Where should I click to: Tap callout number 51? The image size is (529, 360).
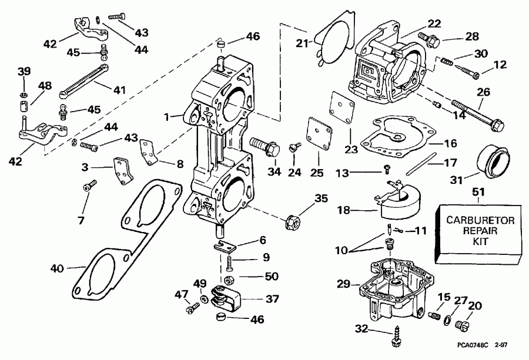[479, 192]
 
